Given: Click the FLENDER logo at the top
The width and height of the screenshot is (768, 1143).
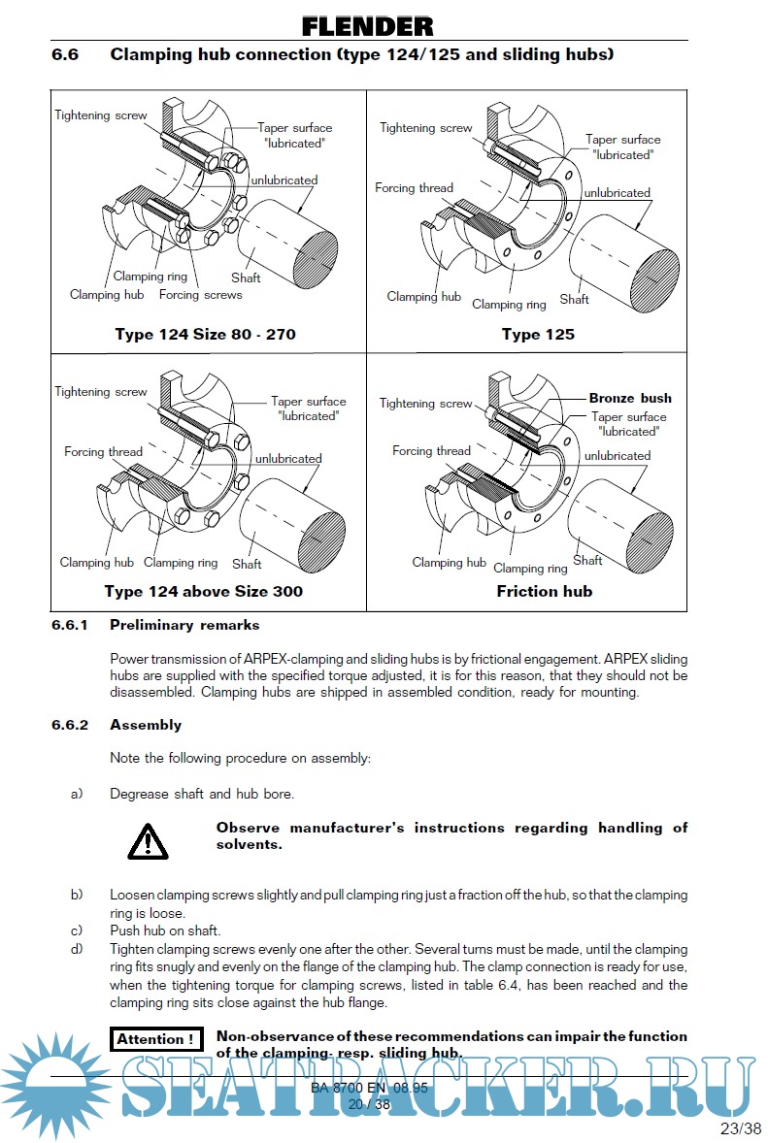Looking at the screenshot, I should pyautogui.click(x=367, y=26).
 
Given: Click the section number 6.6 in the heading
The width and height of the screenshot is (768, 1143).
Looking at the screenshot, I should pyautogui.click(x=65, y=54).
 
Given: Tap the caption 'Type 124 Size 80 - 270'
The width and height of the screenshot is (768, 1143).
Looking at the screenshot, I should pyautogui.click(x=205, y=335).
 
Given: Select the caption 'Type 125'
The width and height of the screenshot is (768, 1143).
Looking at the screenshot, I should pyautogui.click(x=538, y=335).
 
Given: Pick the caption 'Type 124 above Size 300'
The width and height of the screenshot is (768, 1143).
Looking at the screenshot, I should pyautogui.click(x=204, y=591).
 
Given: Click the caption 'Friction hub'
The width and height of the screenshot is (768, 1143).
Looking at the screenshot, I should pyautogui.click(x=544, y=591).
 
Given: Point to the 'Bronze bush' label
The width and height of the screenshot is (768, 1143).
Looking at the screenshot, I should pyautogui.click(x=630, y=398).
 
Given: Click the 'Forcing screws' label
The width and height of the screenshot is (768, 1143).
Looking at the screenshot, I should pyautogui.click(x=200, y=294).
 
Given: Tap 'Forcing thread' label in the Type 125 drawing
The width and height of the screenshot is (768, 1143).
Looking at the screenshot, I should pyautogui.click(x=415, y=187).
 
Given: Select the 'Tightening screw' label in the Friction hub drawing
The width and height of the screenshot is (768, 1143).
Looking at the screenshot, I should pyautogui.click(x=426, y=403).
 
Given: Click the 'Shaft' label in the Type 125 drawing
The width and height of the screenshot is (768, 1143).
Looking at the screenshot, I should pyautogui.click(x=574, y=299).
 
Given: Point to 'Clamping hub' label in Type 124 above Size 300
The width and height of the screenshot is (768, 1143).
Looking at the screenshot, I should pyautogui.click(x=97, y=562).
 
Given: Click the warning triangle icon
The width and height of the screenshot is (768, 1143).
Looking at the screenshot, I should pyautogui.click(x=147, y=840).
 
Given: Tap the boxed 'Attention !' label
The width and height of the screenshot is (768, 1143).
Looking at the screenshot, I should pyautogui.click(x=156, y=1039).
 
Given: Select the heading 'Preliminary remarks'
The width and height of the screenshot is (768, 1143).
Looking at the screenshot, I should pyautogui.click(x=184, y=625).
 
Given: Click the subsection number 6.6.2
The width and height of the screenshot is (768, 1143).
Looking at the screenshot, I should pyautogui.click(x=70, y=725).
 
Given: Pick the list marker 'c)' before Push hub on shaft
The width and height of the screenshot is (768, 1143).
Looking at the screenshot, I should pyautogui.click(x=77, y=931).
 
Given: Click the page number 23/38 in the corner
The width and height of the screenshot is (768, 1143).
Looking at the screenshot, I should pyautogui.click(x=742, y=1128).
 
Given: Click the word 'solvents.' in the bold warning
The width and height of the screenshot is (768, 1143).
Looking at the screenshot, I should pyautogui.click(x=250, y=844).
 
